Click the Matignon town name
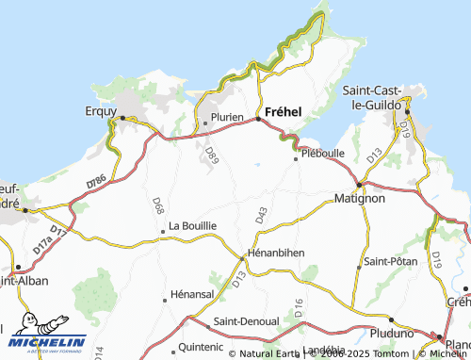tap(361, 199)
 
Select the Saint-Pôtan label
tap(391, 261)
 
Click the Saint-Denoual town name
tap(247, 321)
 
